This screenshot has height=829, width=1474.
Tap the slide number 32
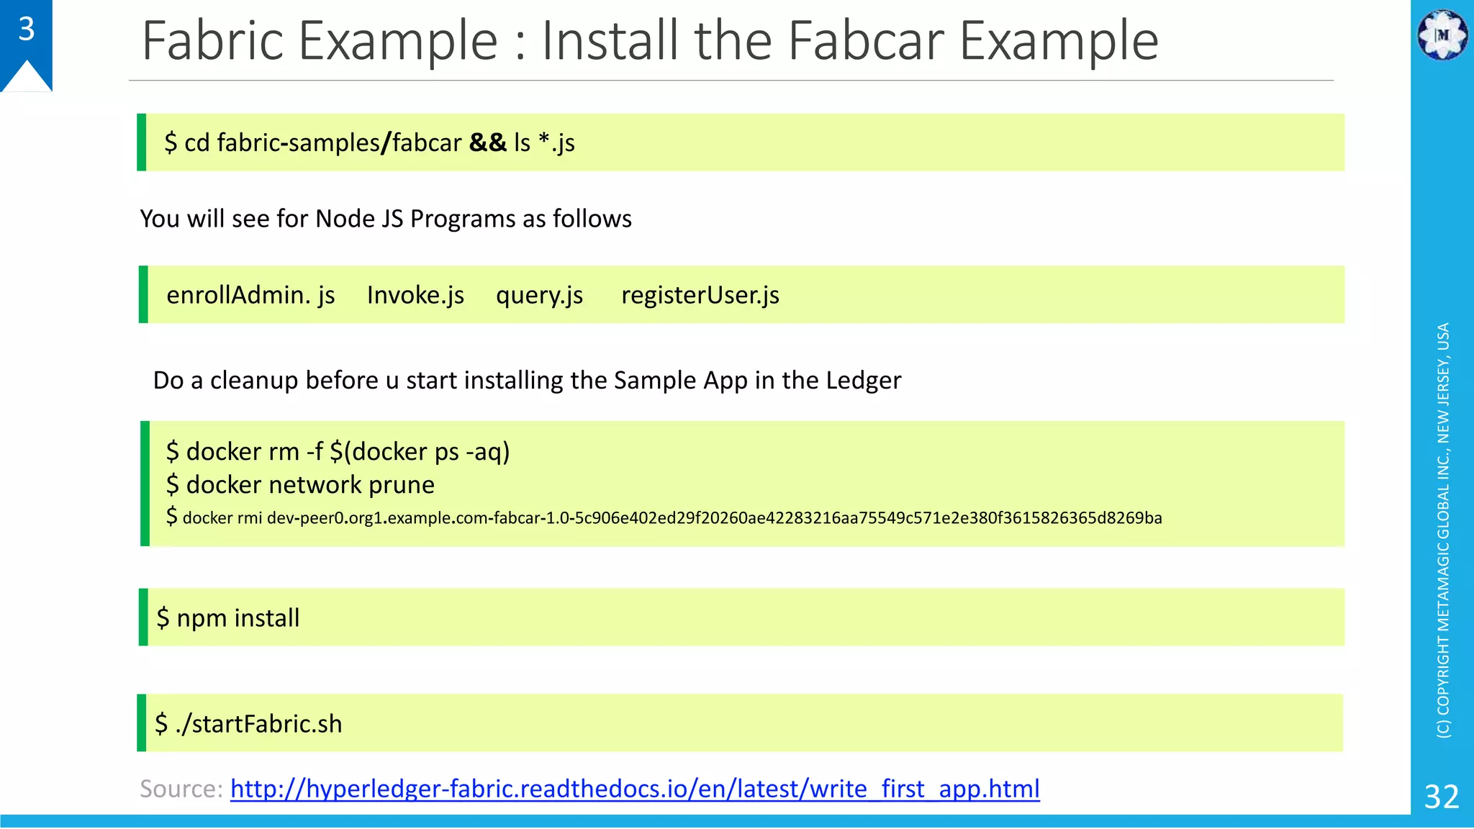click(1442, 797)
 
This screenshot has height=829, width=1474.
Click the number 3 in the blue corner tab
click(27, 30)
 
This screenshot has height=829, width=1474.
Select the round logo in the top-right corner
click(1442, 35)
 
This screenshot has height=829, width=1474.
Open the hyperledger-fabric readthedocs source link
click(635, 789)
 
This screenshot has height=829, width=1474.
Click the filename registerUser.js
click(700, 295)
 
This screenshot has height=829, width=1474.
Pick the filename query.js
click(539, 295)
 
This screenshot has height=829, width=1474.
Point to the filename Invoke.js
click(415, 295)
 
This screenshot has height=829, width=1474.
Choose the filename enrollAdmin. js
click(250, 295)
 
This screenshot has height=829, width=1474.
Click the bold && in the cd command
click(488, 142)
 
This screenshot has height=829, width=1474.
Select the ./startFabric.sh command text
click(258, 723)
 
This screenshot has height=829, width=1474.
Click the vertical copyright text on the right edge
click(1443, 530)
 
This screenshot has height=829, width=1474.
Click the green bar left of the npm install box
click(143, 617)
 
